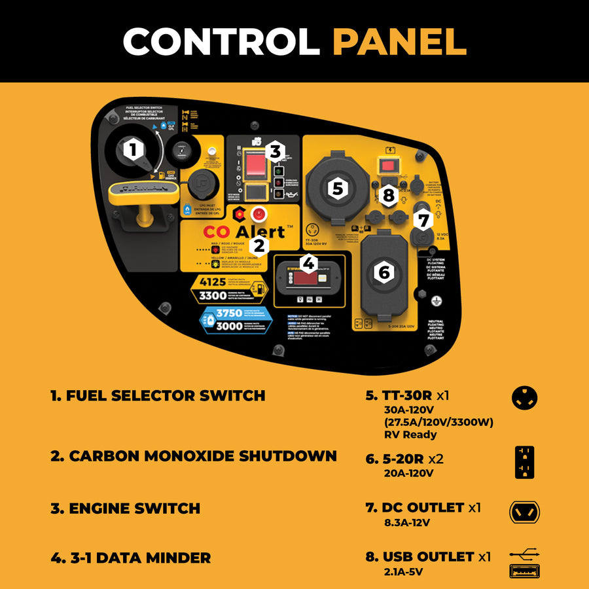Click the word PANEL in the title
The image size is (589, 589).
pyautogui.click(x=399, y=42)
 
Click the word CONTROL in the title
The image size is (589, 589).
pyautogui.click(x=221, y=42)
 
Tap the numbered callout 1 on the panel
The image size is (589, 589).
pyautogui.click(x=134, y=150)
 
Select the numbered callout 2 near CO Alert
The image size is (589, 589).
pyautogui.click(x=260, y=246)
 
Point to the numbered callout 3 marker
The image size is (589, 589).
pyautogui.click(x=275, y=151)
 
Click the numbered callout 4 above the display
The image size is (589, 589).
pyautogui.click(x=309, y=264)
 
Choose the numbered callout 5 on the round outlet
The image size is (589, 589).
pyautogui.click(x=337, y=188)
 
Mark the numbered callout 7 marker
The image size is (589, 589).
pyautogui.click(x=423, y=219)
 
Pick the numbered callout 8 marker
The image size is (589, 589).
pyautogui.click(x=389, y=194)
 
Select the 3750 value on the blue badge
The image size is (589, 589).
pyautogui.click(x=229, y=313)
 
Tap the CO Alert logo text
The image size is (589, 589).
pyautogui.click(x=243, y=232)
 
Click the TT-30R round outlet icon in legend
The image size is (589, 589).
pyautogui.click(x=525, y=398)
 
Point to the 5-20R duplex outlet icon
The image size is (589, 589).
pyautogui.click(x=525, y=463)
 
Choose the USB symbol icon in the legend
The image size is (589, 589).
pyautogui.click(x=525, y=556)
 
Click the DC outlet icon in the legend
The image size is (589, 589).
pyautogui.click(x=525, y=512)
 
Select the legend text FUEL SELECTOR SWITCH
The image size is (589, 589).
pyautogui.click(x=158, y=395)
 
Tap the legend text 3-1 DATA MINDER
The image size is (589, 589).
pyautogui.click(x=131, y=558)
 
